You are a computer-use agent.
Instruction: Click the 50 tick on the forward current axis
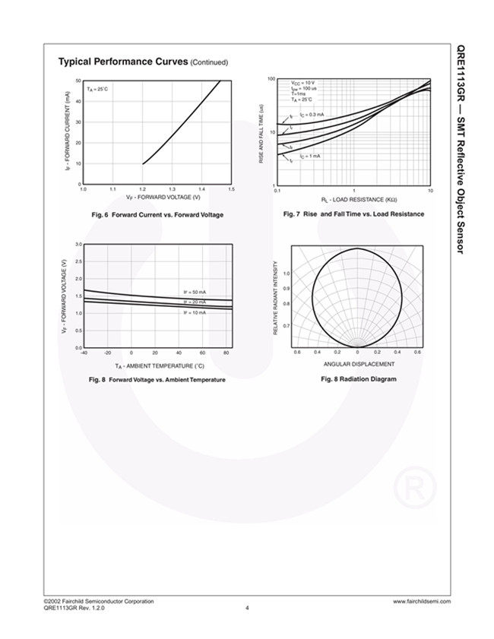tap(78, 81)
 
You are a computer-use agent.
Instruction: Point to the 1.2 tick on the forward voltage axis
tap(142, 188)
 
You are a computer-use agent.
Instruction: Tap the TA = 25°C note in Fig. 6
tap(97, 90)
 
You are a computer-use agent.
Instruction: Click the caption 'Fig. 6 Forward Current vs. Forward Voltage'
tap(157, 215)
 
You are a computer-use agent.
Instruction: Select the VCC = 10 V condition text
tap(302, 82)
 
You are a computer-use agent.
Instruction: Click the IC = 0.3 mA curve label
tap(312, 115)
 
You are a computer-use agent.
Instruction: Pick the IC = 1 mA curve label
tap(309, 155)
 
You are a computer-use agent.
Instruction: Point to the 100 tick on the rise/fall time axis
tap(271, 79)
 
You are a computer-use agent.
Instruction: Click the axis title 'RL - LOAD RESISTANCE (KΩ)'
tap(353, 199)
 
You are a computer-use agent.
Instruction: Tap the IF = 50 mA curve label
tap(195, 292)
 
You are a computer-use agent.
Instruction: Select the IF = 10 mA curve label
tap(195, 312)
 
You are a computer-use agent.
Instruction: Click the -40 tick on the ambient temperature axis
tap(84, 353)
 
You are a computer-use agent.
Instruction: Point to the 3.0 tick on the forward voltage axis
tap(78, 244)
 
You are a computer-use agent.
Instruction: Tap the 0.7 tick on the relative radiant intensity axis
tap(286, 326)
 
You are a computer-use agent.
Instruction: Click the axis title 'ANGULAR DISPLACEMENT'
tap(359, 363)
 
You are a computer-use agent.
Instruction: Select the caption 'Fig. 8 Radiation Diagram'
tap(359, 378)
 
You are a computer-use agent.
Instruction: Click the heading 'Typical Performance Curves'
tap(122, 62)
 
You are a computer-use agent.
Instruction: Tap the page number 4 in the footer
tap(247, 607)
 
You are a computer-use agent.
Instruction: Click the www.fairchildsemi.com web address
tap(421, 601)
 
